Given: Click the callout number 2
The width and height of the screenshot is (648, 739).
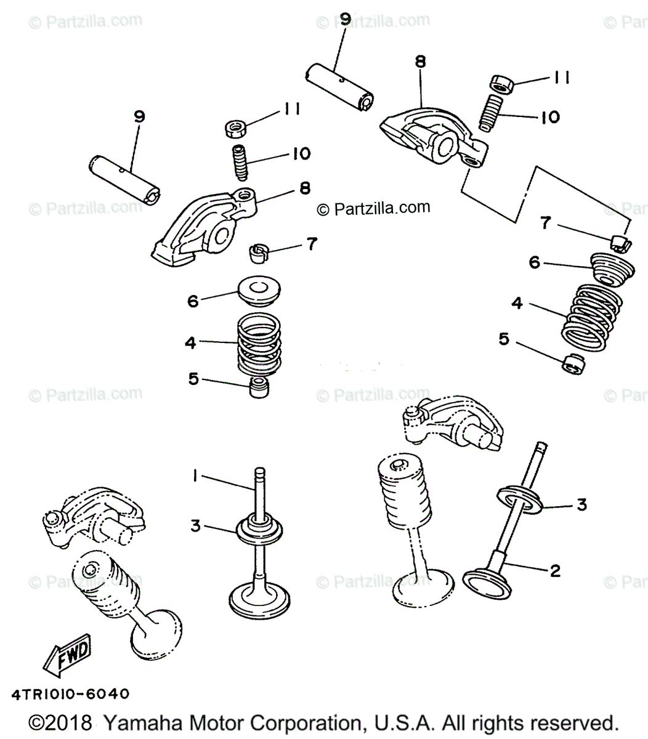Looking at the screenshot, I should tap(554, 571).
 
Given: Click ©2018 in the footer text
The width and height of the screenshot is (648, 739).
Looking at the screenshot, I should tap(61, 722).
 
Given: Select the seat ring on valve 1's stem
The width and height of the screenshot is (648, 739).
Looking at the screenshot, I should tap(259, 528).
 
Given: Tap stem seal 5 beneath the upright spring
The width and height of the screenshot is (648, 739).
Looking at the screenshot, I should tap(259, 389).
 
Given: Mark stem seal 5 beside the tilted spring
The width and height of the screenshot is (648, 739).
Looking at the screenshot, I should tap(573, 363).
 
